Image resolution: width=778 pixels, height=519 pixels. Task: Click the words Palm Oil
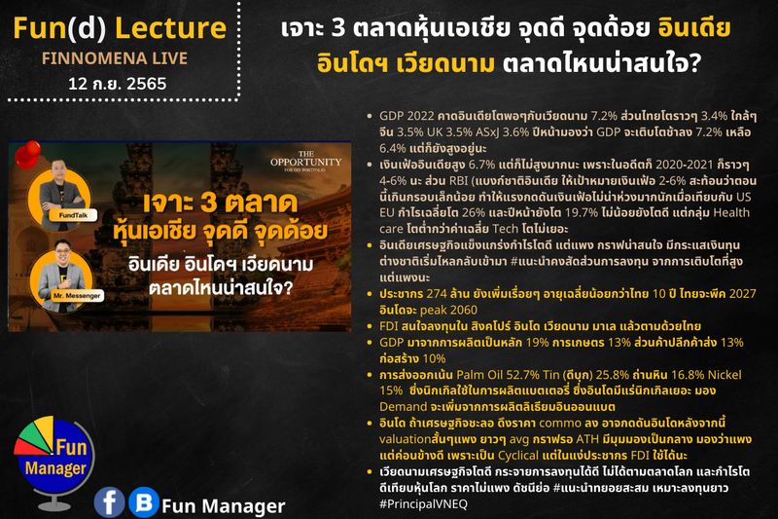[464, 374]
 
